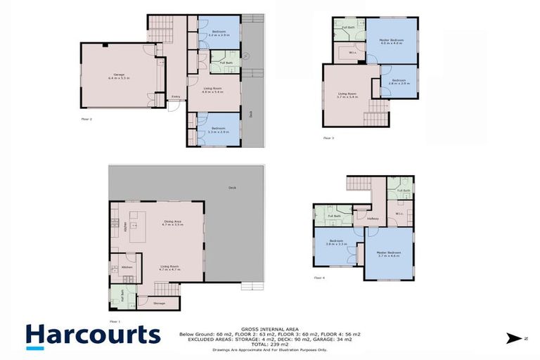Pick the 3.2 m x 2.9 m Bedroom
pyautogui.click(x=218, y=32)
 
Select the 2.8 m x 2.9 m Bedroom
pyautogui.click(x=399, y=82)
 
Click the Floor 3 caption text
pyautogui.click(x=328, y=138)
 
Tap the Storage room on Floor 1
pyautogui.click(x=159, y=304)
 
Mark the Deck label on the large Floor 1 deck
pyautogui.click(x=232, y=188)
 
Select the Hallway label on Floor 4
pyautogui.click(x=373, y=219)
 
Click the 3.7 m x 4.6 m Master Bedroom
pyautogui.click(x=388, y=254)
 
